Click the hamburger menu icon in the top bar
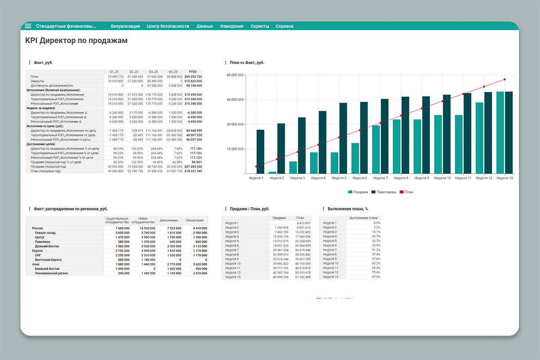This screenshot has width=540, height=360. [28, 26]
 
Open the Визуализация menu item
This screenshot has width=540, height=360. [125, 26]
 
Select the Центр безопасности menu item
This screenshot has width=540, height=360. [168, 26]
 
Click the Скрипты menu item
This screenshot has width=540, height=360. [260, 26]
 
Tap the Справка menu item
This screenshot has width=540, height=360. [284, 26]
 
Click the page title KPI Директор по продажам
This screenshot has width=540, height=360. [76, 41]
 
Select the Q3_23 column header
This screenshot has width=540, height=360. [153, 72]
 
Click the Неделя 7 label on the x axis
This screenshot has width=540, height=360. [380, 178]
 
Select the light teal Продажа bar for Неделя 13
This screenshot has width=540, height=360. [500, 133]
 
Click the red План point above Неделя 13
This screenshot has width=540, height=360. [504, 80]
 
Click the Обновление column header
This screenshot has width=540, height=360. [194, 220]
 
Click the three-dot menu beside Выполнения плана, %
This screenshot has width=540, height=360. [324, 209]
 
